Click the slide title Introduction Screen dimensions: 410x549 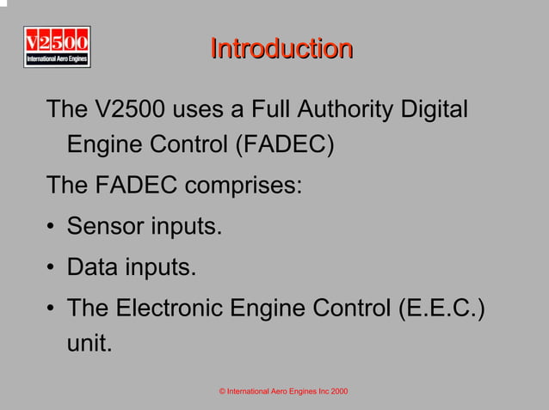tap(281, 48)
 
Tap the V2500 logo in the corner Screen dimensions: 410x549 tap(57, 46)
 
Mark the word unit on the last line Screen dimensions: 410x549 tap(89, 345)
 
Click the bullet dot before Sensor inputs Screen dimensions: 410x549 tap(52, 228)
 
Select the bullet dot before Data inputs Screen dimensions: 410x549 tap(52, 269)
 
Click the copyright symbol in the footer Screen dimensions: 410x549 tap(222, 392)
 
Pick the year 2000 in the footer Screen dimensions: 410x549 tap(339, 392)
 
